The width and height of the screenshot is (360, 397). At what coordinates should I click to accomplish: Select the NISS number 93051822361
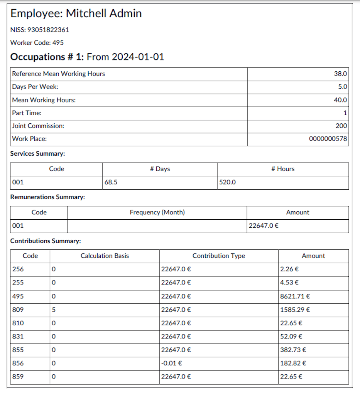(x=48, y=30)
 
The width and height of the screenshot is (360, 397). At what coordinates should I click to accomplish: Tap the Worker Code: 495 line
(x=37, y=43)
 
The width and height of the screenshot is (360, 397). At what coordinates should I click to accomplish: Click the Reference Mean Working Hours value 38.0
(x=340, y=74)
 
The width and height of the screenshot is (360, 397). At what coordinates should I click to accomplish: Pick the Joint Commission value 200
(x=341, y=126)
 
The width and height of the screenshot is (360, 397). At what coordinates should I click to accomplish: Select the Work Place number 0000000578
(x=328, y=139)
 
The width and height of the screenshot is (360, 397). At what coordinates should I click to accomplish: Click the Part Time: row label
(x=27, y=113)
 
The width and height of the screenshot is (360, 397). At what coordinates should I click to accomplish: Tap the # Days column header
(x=160, y=169)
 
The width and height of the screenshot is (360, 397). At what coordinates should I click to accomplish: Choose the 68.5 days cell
(x=111, y=182)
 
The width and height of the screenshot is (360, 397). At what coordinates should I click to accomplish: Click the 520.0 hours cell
(x=227, y=182)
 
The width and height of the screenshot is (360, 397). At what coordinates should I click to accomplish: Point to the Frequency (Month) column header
(x=157, y=212)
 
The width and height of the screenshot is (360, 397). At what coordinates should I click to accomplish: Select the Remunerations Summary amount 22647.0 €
(x=264, y=226)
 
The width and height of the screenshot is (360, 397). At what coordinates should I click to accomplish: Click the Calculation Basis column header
(x=105, y=256)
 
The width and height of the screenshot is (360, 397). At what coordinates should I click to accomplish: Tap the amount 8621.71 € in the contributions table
(x=295, y=296)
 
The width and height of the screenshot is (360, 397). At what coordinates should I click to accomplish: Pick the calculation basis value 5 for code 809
(x=54, y=310)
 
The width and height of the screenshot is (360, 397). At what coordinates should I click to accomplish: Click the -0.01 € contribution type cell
(x=171, y=363)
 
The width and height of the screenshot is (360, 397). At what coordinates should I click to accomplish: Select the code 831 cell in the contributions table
(x=18, y=336)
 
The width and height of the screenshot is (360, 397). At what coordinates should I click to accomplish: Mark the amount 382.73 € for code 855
(x=293, y=350)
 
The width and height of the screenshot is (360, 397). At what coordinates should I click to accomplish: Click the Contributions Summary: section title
(x=46, y=241)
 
